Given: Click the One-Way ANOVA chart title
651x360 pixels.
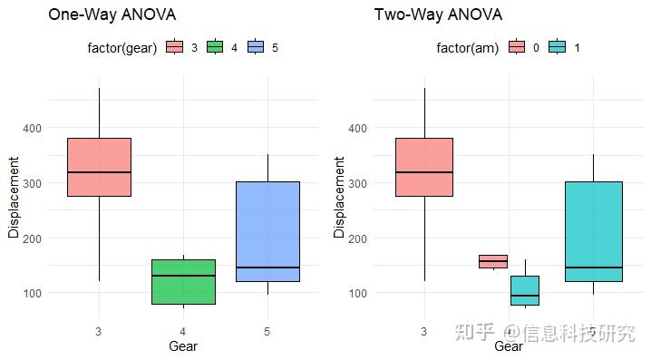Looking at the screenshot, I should (112, 15).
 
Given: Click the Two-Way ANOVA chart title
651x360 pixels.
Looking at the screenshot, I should (438, 15).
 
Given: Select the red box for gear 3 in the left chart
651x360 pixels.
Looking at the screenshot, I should (99, 167).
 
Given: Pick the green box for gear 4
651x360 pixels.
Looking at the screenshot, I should (183, 281).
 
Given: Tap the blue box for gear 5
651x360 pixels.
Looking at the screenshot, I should (267, 231).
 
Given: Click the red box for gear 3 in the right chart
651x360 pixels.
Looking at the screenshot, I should (424, 167).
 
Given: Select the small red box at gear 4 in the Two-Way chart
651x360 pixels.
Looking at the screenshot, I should (492, 261).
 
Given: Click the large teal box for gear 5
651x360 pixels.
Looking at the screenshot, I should (593, 231).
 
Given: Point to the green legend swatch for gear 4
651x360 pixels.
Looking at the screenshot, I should (215, 47).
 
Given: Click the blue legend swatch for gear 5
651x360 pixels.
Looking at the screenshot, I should (256, 47).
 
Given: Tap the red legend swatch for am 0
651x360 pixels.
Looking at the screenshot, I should (517, 47).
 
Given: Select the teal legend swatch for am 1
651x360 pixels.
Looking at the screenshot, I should (557, 47).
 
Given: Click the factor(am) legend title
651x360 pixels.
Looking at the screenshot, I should (467, 47).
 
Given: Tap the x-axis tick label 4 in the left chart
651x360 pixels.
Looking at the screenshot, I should (183, 331).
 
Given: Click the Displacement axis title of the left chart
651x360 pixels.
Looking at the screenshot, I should (14, 198).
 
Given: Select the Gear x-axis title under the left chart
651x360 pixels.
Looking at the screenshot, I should (183, 345).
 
